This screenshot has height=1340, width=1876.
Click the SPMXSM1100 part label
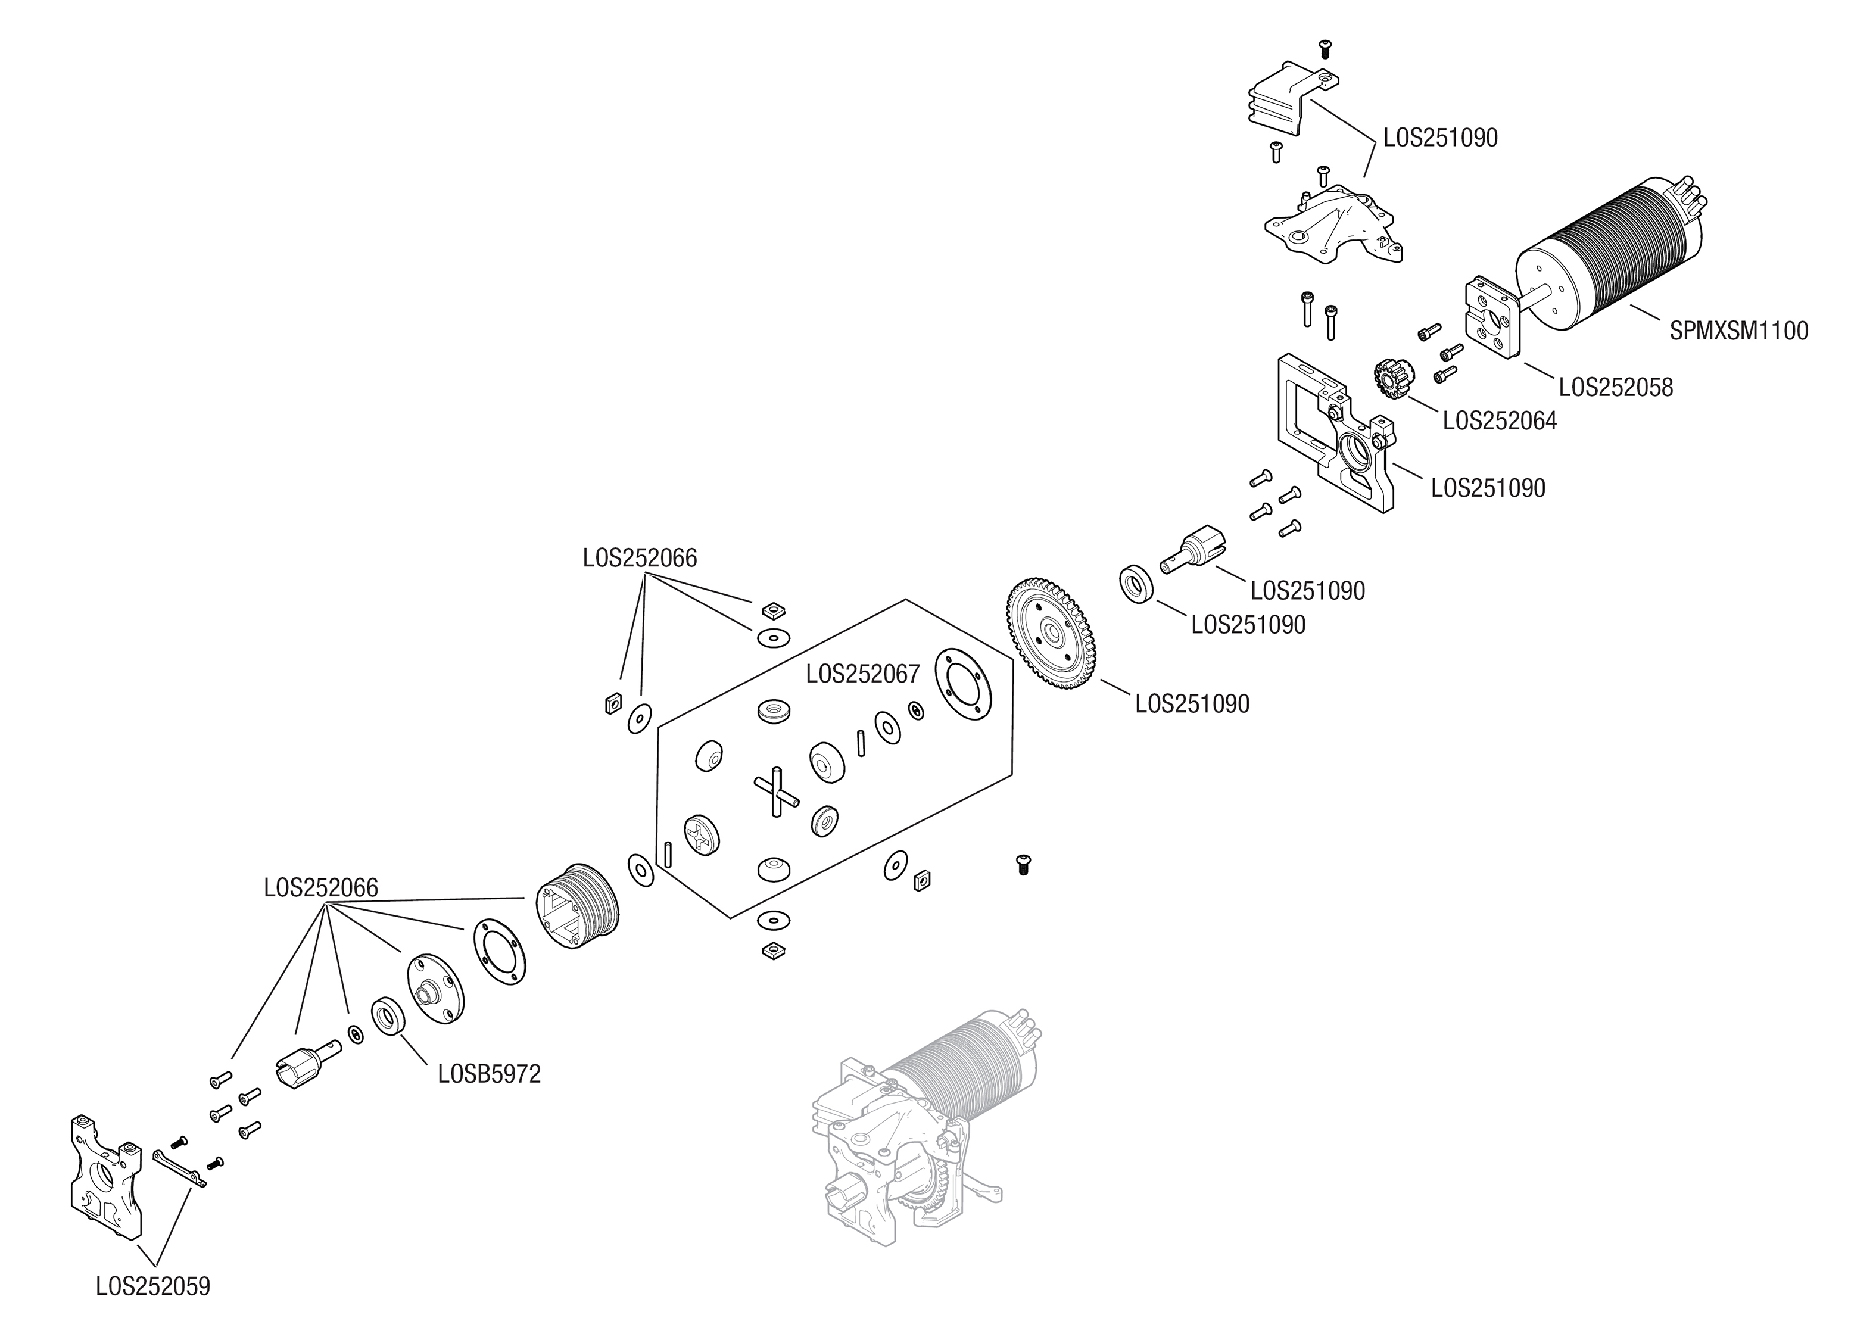coord(1738,331)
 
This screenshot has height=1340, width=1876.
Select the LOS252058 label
coord(1615,387)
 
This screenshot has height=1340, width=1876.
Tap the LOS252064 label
coord(1499,421)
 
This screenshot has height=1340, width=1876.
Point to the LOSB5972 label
coord(489,1074)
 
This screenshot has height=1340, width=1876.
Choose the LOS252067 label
coord(862,674)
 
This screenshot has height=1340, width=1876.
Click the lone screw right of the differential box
coord(1023,864)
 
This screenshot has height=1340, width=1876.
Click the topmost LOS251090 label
coord(1439,138)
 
